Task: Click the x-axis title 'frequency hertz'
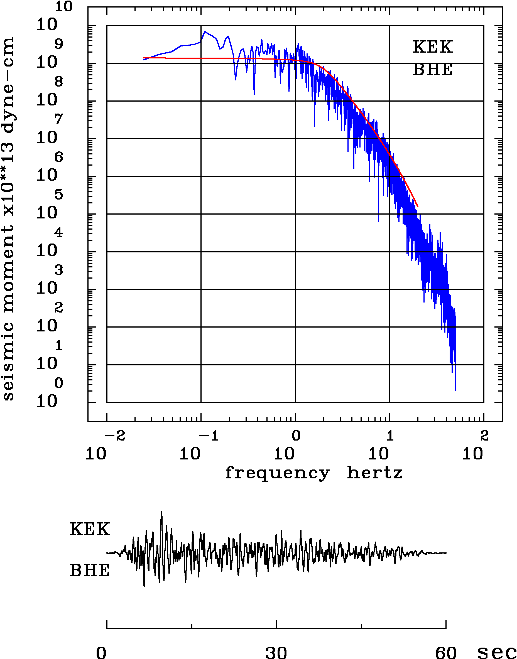[x=313, y=473]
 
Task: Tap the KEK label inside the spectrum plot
[x=433, y=47]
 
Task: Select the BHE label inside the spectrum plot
[x=433, y=70]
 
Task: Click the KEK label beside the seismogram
[x=90, y=529]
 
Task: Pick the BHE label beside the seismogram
[x=90, y=571]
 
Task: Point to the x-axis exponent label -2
[x=115, y=436]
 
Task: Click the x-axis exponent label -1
[x=209, y=436]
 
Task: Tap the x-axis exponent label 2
[x=484, y=436]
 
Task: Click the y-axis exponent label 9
[x=59, y=44]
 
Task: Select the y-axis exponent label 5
[x=59, y=195]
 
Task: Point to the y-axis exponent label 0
[x=59, y=383]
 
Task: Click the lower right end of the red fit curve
[x=418, y=207]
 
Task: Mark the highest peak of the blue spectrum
[x=205, y=31]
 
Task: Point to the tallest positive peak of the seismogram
[x=162, y=511]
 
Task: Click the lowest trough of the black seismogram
[x=144, y=587]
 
